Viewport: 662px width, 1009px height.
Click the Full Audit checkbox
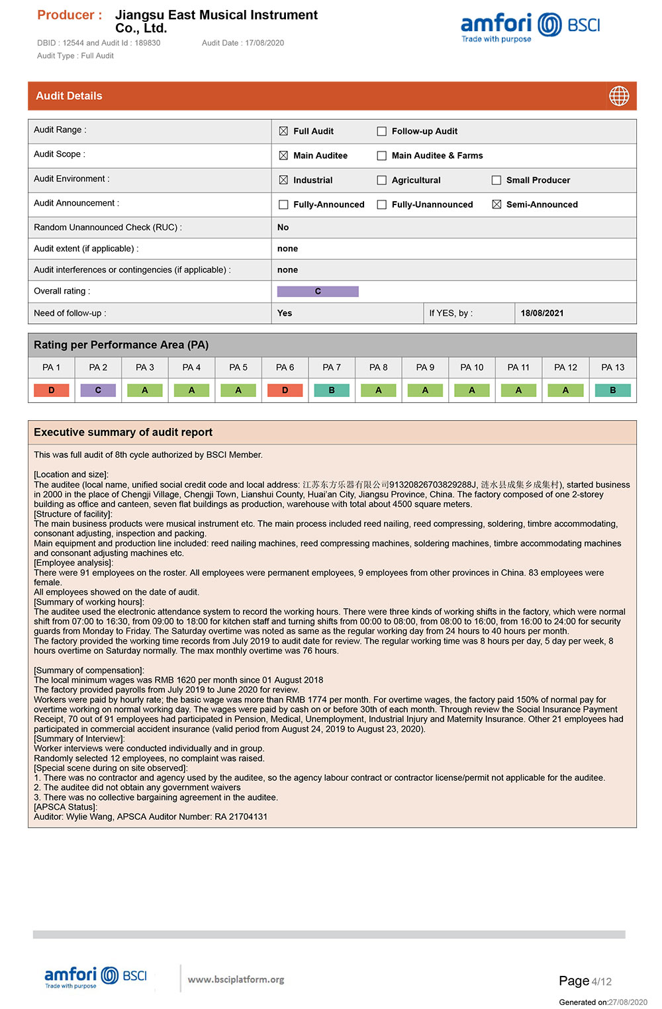point(283,131)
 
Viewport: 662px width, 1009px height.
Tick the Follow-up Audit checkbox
point(382,131)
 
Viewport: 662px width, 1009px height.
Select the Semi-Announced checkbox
point(496,204)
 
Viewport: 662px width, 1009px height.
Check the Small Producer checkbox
point(496,180)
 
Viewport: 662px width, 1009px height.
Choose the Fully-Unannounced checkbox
point(382,204)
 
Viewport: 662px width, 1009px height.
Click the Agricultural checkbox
point(382,180)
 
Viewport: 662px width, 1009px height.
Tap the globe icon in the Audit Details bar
point(619,96)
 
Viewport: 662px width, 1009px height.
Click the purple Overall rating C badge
point(318,291)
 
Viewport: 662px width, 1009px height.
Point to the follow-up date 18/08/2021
point(542,313)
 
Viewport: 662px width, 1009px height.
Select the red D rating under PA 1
point(52,390)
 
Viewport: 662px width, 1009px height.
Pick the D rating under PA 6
point(285,390)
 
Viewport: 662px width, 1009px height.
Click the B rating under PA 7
point(332,390)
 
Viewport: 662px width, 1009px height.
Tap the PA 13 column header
point(612,367)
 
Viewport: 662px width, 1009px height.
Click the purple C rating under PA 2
point(98,390)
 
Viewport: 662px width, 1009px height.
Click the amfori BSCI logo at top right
point(530,27)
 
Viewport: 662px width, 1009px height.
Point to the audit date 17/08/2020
point(264,43)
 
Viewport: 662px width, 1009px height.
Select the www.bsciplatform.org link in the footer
point(236,979)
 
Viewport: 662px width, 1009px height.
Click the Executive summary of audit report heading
point(123,432)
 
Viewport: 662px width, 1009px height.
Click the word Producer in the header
point(65,15)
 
